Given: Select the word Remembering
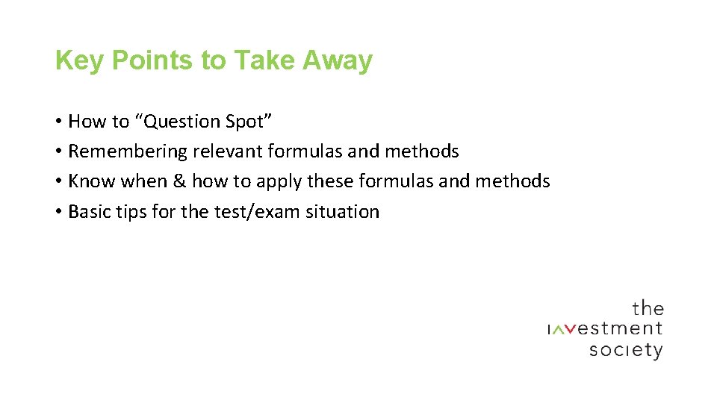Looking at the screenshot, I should (128, 151).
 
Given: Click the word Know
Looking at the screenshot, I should (92, 181).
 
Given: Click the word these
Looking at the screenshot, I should (329, 181).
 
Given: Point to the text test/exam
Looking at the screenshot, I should (252, 212).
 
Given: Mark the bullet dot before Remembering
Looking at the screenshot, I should (58, 152).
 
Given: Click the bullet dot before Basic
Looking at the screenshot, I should (58, 213).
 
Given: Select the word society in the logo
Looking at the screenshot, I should (625, 350).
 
